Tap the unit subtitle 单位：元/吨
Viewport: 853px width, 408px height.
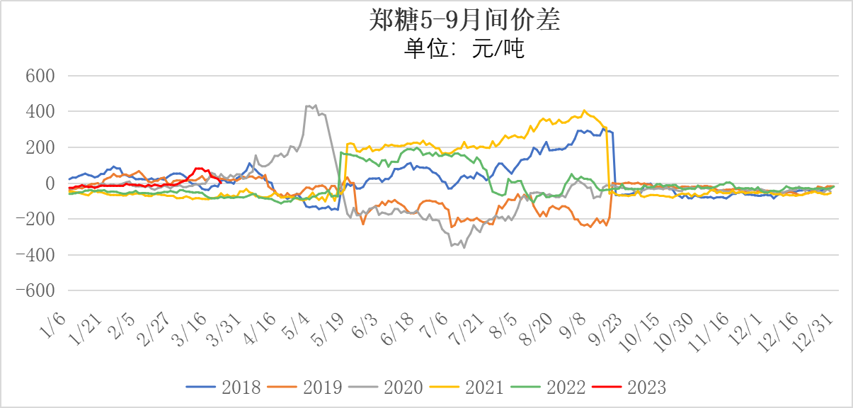point(464,48)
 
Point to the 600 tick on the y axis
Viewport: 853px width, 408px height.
point(41,76)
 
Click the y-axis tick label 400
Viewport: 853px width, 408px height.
point(41,112)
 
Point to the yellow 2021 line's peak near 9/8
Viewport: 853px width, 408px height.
point(584,110)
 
